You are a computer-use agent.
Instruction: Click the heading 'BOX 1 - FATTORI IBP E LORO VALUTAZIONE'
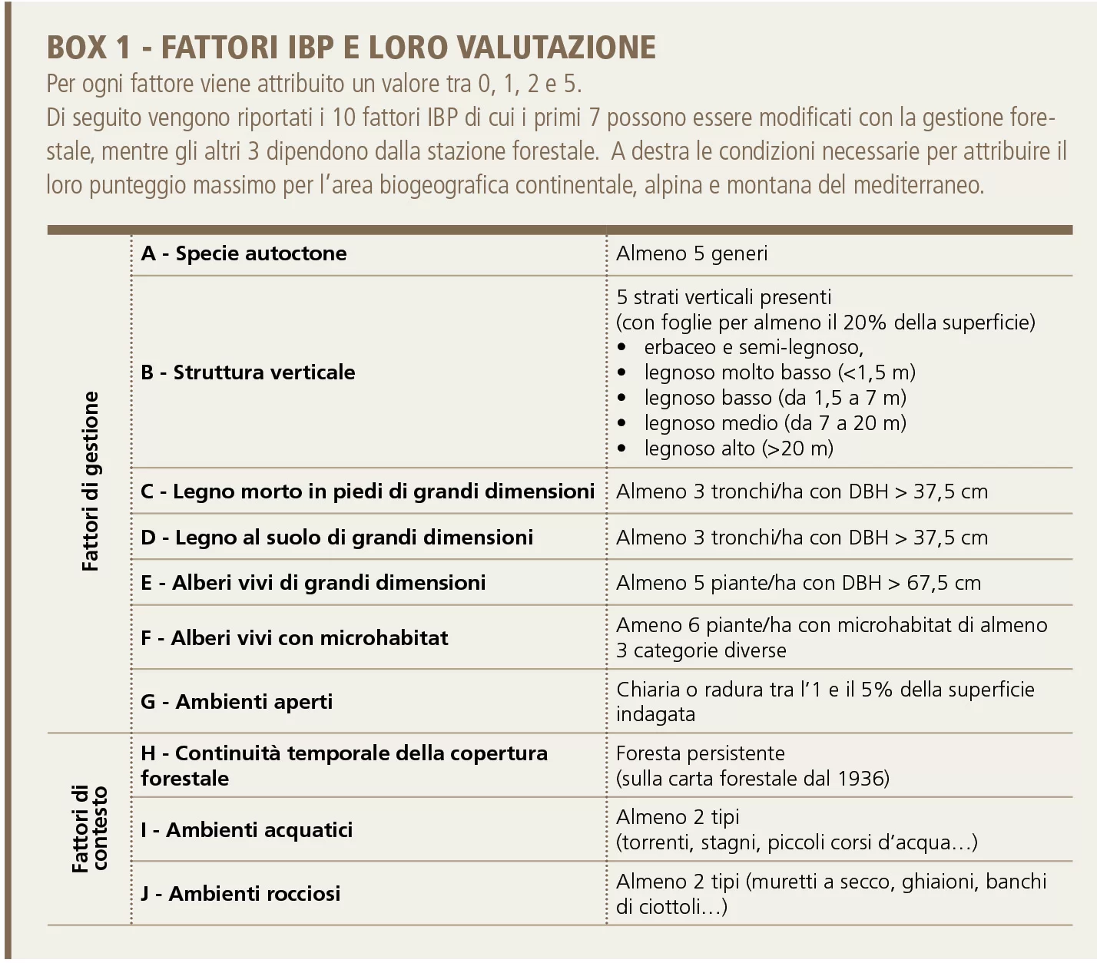[351, 48]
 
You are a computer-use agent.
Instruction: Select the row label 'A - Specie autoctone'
[244, 253]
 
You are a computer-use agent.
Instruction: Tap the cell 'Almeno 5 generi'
[691, 253]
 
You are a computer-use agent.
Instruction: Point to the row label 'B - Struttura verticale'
[247, 372]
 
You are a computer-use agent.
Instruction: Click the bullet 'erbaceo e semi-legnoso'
[753, 347]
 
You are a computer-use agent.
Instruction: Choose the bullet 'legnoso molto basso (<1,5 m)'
[779, 372]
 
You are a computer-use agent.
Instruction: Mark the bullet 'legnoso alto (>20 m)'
[738, 448]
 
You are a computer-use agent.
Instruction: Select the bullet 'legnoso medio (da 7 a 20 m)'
[774, 423]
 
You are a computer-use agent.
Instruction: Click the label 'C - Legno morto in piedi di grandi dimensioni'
[367, 491]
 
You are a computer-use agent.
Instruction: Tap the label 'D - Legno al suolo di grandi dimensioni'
[336, 538]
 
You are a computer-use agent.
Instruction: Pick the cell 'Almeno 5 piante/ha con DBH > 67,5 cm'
[798, 583]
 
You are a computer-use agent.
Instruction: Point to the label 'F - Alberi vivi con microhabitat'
[294, 638]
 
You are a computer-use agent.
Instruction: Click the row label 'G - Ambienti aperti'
[237, 702]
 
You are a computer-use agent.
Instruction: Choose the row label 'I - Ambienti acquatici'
[247, 830]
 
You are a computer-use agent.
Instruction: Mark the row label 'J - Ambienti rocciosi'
[240, 894]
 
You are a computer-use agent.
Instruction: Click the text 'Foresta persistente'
[700, 753]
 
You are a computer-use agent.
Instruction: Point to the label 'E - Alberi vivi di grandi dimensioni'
[313, 583]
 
